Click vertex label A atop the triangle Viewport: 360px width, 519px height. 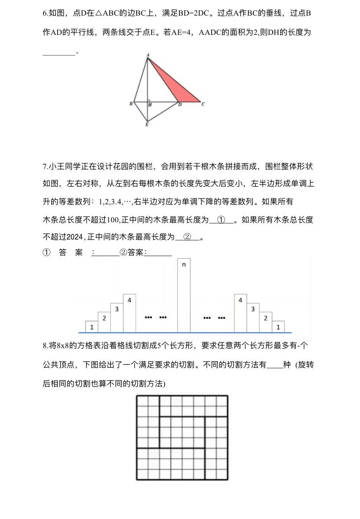pos(148,55)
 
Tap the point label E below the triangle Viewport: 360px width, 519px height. pos(147,125)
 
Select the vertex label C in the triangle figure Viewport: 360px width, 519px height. pos(203,104)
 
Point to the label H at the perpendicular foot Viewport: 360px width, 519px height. pos(150,105)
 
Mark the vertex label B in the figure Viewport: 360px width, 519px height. pos(131,103)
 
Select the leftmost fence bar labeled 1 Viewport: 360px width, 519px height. pos(92,327)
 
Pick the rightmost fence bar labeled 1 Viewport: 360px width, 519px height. pos(278,327)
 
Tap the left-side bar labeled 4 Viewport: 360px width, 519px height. pos(129,313)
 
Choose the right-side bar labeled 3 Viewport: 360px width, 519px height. pos(253,317)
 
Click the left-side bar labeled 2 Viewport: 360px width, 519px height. pos(104,322)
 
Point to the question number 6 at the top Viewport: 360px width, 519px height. pos(45,13)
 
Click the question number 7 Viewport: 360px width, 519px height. pos(45,166)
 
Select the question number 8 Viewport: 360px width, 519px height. pos(45,346)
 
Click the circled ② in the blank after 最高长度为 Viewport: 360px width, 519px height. pos(187,237)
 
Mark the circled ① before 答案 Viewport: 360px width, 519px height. pos(46,253)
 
